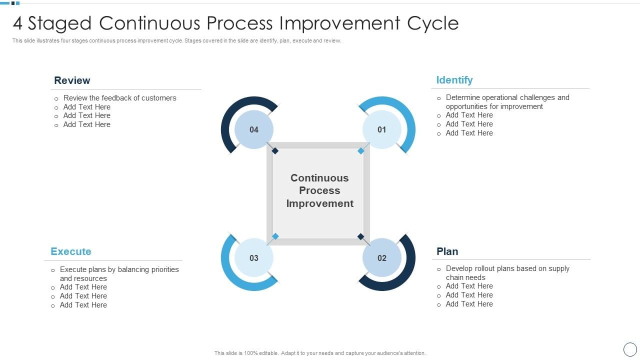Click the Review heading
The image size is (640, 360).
point(72,80)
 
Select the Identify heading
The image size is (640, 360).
point(454,80)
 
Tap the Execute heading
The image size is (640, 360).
point(70,251)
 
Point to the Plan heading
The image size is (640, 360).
point(447,251)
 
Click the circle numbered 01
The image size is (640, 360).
point(382,129)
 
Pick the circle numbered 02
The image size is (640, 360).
point(382,258)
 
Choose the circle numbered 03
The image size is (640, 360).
point(254,258)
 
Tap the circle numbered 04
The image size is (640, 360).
point(254,129)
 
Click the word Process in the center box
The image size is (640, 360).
point(319,190)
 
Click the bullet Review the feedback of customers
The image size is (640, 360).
point(119,98)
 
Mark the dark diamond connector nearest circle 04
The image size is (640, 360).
point(274,150)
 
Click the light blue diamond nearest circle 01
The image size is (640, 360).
point(361,150)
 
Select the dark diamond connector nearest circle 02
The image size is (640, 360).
point(361,236)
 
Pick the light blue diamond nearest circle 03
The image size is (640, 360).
point(275,236)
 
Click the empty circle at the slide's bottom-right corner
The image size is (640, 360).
point(630,349)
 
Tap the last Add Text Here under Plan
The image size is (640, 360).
point(469,304)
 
